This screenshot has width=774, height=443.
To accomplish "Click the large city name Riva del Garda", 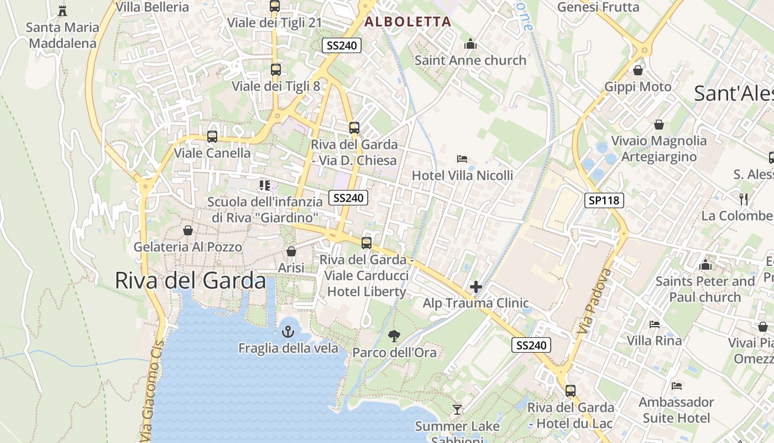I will (x=190, y=281).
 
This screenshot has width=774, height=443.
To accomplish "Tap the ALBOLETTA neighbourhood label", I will (x=408, y=22).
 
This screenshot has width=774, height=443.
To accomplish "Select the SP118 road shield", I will (x=604, y=200).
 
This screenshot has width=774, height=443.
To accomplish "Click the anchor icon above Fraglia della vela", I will (x=287, y=332).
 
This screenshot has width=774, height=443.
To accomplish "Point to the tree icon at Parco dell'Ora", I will (x=394, y=336).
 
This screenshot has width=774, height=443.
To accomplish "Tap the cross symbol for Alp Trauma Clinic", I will (x=475, y=287).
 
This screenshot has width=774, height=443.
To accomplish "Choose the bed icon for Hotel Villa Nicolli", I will (x=462, y=159).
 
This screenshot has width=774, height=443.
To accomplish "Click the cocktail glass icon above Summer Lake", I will (x=457, y=410).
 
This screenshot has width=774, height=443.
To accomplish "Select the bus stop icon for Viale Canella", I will (x=212, y=136).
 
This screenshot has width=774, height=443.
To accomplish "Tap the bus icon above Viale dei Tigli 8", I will (x=275, y=70).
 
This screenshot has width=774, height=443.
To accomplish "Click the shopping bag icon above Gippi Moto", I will (x=638, y=70).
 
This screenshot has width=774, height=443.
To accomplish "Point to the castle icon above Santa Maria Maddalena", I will (x=62, y=11).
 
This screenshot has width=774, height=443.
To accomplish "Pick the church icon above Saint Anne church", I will (x=470, y=44).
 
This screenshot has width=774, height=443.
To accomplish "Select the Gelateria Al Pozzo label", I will (x=188, y=247).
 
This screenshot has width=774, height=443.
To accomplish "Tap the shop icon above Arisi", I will (x=291, y=251).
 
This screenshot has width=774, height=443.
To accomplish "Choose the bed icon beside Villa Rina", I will (x=655, y=324).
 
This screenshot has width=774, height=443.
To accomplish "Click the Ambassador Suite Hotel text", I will (x=676, y=410).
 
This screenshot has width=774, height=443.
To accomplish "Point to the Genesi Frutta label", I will (x=598, y=7).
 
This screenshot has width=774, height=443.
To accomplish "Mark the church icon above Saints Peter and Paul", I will (x=705, y=265).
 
